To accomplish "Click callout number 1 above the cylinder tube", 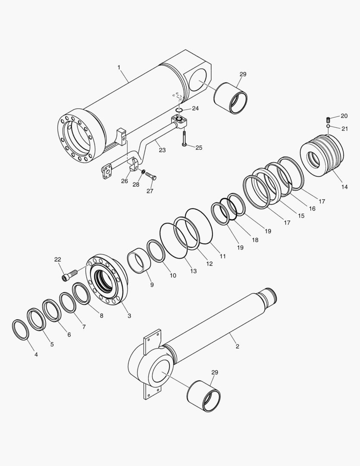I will tap(119, 67).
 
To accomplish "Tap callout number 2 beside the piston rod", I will tap(237, 346).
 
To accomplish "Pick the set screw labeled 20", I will tap(328, 119).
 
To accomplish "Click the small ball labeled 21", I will tap(328, 126).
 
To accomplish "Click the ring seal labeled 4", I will tap(21, 330).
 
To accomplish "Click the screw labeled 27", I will tap(150, 176).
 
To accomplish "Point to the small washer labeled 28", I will tap(143, 172).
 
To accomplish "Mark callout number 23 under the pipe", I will tap(162, 150).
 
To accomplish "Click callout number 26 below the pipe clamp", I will tap(124, 181).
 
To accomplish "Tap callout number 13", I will tap(193, 271).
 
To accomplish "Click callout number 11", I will tap(222, 256).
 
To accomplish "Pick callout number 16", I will tap(312, 208).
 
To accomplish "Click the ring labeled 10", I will tap(156, 251).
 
